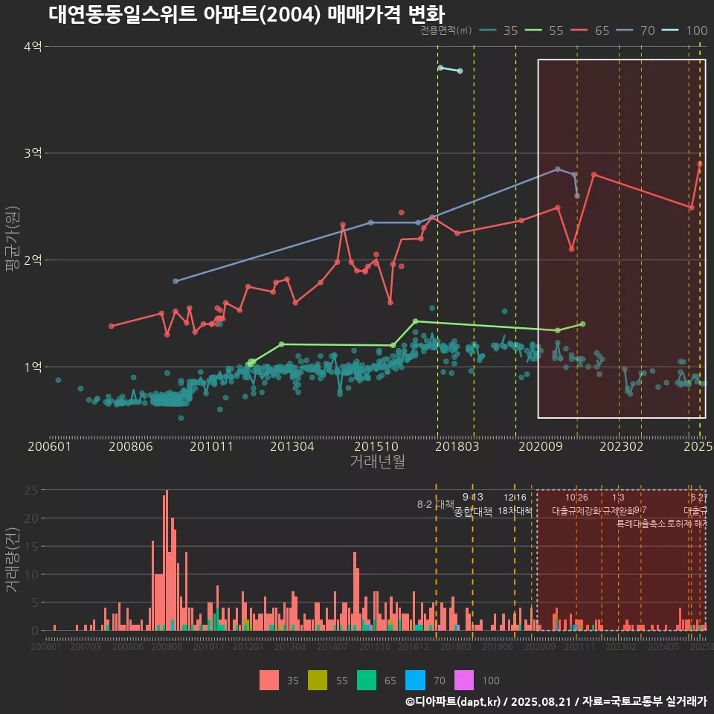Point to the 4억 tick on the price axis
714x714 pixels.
33,47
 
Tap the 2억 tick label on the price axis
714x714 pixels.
33,260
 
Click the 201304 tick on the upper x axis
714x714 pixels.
292,447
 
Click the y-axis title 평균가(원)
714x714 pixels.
13,233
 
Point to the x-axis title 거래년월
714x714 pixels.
377,462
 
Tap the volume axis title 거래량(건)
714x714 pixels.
13,560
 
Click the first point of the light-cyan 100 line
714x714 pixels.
441,68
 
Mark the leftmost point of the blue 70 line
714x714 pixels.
176,281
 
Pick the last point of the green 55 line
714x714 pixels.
582,324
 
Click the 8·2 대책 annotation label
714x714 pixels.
435,504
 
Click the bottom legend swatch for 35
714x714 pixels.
270,680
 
